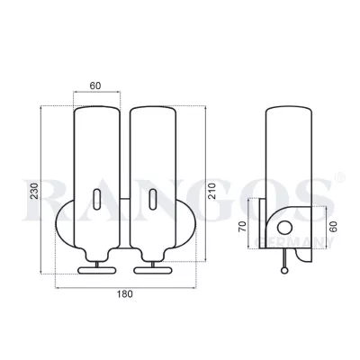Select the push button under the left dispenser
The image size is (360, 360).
[x=95, y=268]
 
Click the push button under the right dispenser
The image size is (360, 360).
[x=150, y=268]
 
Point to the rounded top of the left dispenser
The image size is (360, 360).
[x=96, y=112]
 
